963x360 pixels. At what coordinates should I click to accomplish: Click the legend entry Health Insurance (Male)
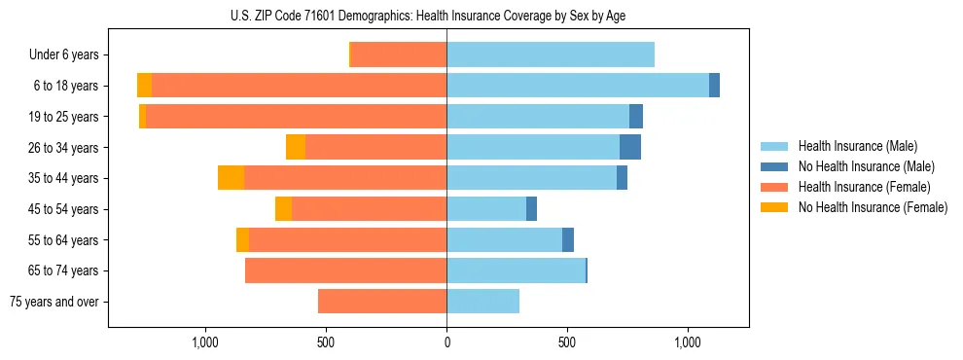pyautogui.click(x=858, y=146)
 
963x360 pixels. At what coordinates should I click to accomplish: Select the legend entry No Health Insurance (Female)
pyautogui.click(x=873, y=207)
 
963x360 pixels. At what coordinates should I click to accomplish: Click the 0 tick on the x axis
pyautogui.click(x=446, y=342)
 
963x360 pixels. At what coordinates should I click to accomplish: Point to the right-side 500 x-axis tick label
pyautogui.click(x=567, y=342)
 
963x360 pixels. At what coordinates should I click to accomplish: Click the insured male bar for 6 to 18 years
pyautogui.click(x=578, y=86)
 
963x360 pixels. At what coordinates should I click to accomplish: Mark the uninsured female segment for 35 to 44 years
pyautogui.click(x=231, y=178)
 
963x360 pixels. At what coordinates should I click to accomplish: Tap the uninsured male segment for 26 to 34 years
pyautogui.click(x=630, y=147)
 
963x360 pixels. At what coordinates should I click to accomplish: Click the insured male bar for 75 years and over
pyautogui.click(x=482, y=302)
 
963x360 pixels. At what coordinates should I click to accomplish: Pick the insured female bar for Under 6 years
pyautogui.click(x=399, y=54)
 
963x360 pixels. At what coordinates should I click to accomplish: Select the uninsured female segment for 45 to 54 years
pyautogui.click(x=283, y=209)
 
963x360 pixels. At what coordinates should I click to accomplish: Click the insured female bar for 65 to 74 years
pyautogui.click(x=345, y=270)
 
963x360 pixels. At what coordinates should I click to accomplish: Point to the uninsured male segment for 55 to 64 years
pyautogui.click(x=568, y=239)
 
